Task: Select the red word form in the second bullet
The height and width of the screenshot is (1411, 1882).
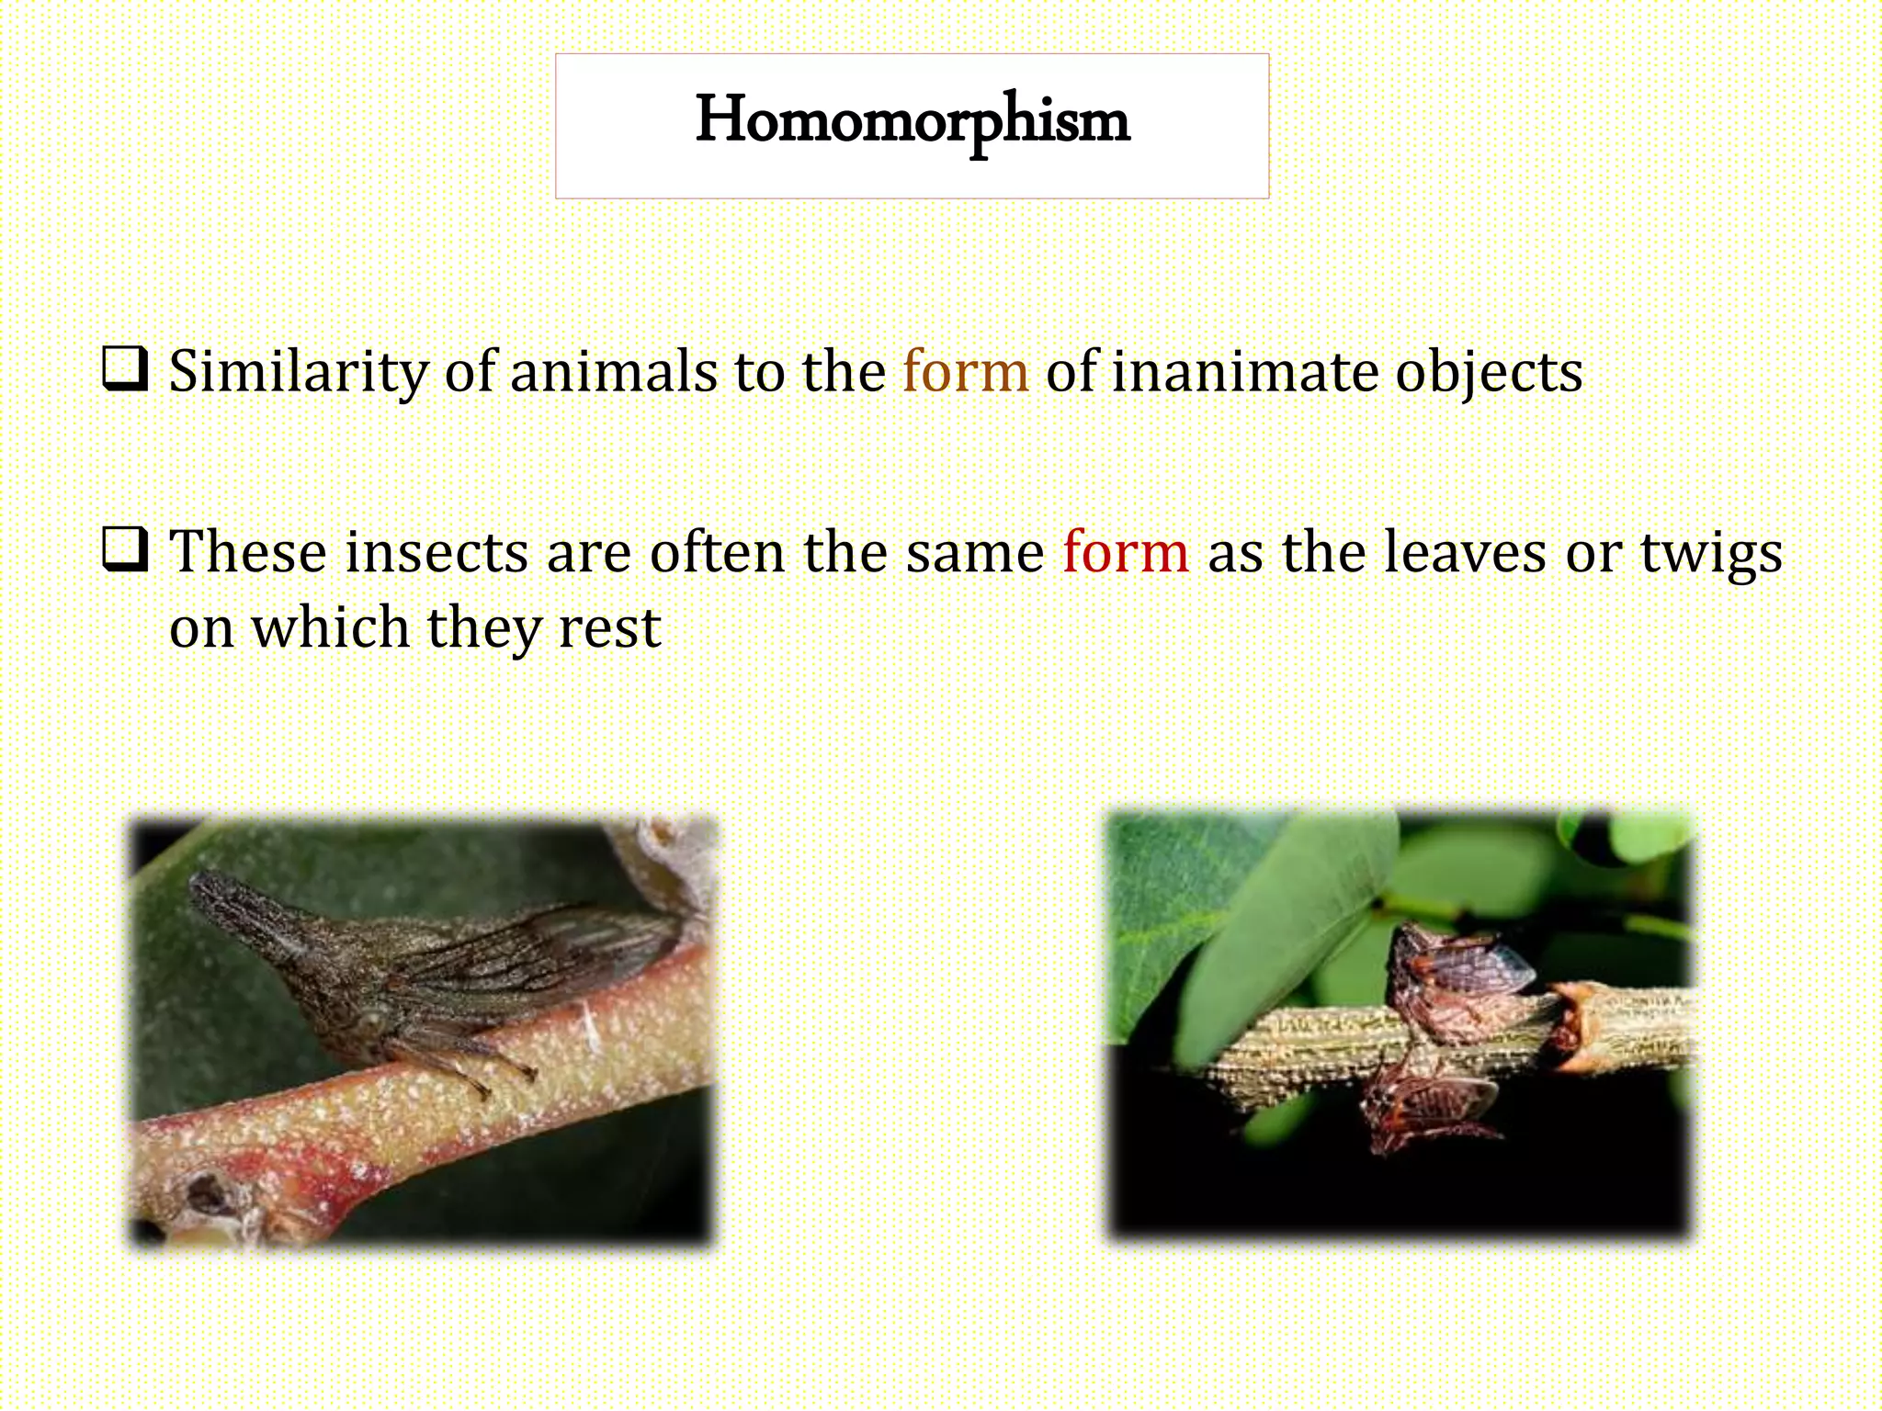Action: (x=1126, y=552)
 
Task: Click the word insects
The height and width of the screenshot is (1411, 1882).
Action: (x=437, y=552)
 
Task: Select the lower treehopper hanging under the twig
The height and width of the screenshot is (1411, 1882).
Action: (x=1424, y=1107)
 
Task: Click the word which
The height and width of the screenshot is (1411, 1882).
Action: (x=331, y=627)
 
